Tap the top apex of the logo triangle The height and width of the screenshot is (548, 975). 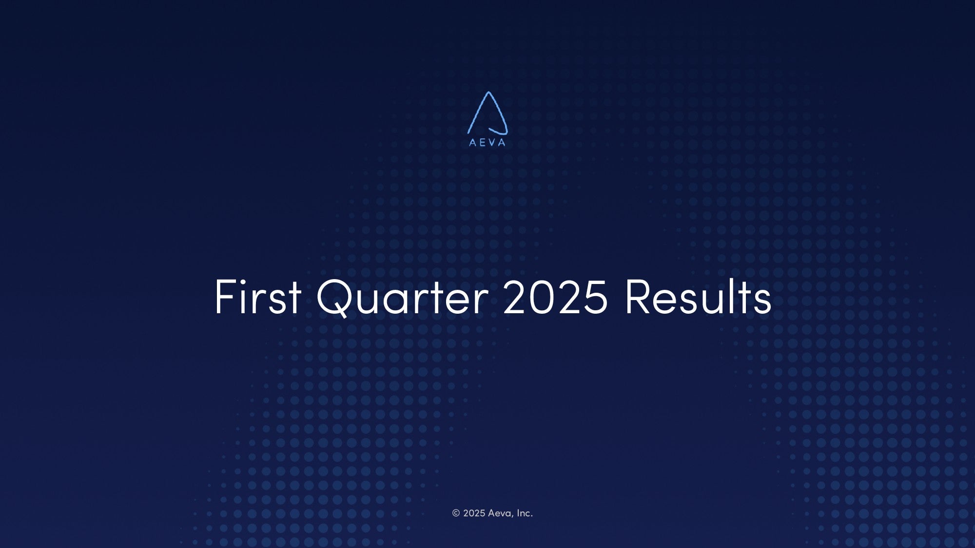[488, 92]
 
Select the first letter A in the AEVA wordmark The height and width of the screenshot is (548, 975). [472, 143]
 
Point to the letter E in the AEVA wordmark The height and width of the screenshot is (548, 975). [483, 143]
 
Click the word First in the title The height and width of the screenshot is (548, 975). [258, 297]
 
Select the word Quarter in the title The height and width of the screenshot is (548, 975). [402, 298]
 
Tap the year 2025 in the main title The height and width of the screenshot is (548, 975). [555, 297]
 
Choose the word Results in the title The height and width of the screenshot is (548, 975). [698, 296]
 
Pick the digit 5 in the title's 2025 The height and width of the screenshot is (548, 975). [596, 297]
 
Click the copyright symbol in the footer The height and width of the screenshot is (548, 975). [456, 513]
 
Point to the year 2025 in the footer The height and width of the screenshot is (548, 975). [474, 513]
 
